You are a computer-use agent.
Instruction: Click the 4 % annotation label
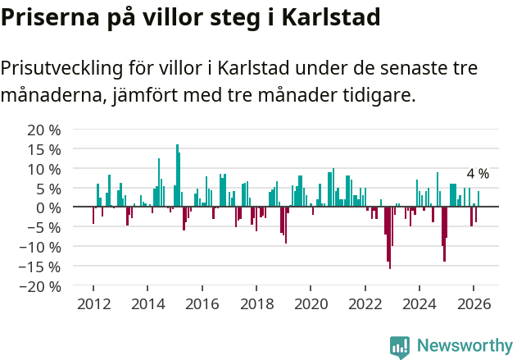(478, 174)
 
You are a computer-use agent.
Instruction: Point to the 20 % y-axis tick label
(44, 130)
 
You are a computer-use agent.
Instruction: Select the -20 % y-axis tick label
(40, 286)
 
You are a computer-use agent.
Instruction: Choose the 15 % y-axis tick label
(44, 149)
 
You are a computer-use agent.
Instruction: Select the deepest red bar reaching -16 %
(390, 238)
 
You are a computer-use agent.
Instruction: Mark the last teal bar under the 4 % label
(478, 199)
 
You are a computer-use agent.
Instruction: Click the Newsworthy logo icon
(400, 347)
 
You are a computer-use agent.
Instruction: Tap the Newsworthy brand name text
(464, 346)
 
